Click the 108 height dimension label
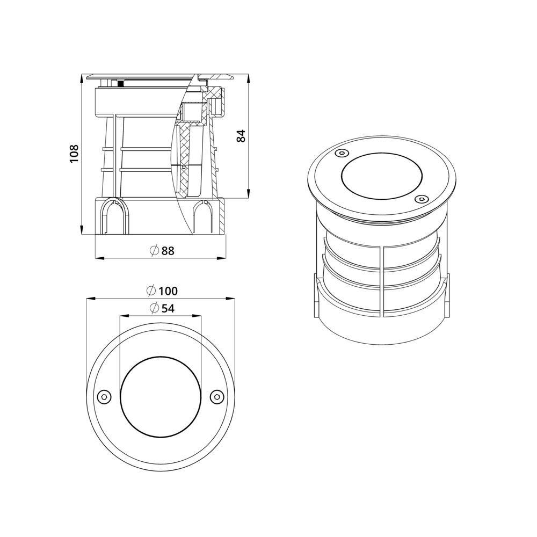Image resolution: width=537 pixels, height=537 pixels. pyautogui.click(x=74, y=154)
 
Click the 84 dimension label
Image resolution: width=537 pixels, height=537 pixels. pyautogui.click(x=241, y=136)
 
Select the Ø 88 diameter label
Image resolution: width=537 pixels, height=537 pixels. pyautogui.click(x=161, y=251)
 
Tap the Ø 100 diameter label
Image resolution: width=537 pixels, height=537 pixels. pyautogui.click(x=162, y=291)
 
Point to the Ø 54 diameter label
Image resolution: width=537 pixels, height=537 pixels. pyautogui.click(x=161, y=308)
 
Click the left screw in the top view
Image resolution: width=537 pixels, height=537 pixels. pyautogui.click(x=104, y=397)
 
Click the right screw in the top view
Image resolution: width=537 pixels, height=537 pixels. pyautogui.click(x=217, y=397)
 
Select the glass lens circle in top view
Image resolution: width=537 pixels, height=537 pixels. pyautogui.click(x=161, y=397)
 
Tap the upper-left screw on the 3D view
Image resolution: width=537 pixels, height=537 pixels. pyautogui.click(x=340, y=154)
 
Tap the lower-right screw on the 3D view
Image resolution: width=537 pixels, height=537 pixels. pyautogui.click(x=422, y=199)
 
